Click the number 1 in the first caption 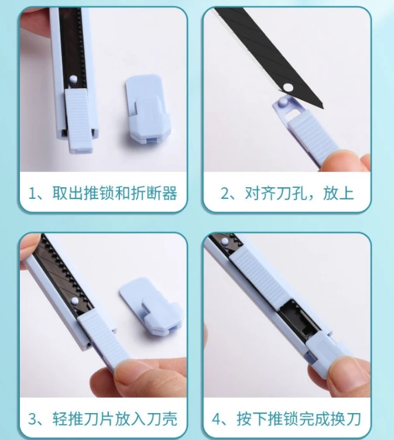(35, 192)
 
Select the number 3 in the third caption (35, 419)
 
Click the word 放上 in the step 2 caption (340, 192)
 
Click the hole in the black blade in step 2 (286, 87)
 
